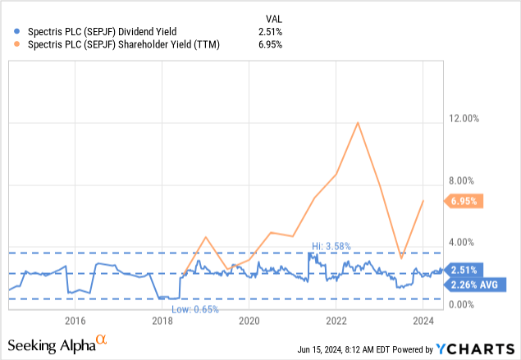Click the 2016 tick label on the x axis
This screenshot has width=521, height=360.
click(75, 320)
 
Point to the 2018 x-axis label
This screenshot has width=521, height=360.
click(162, 320)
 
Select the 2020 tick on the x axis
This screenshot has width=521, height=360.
click(249, 320)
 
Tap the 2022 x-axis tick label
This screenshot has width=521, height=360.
click(337, 320)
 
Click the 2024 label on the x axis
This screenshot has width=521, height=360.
click(423, 320)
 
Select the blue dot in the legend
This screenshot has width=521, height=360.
click(16, 32)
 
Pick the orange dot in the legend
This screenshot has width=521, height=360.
click(16, 44)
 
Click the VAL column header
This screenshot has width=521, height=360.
click(273, 18)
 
